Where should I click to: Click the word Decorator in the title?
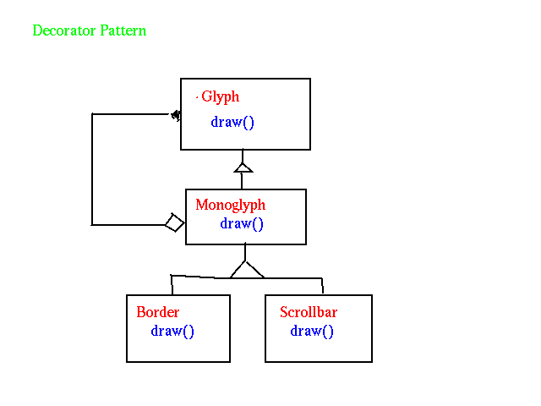pos(64,30)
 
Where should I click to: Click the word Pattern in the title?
pos(123,30)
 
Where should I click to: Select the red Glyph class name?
pos(220,96)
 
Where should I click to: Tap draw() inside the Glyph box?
pos(232,122)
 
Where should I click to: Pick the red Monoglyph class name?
pos(231,205)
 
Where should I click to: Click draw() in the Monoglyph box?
pos(242,223)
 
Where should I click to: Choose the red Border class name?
pos(158,312)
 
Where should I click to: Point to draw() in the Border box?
pos(172,331)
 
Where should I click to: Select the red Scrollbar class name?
pos(309,312)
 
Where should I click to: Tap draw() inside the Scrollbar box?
pos(312,331)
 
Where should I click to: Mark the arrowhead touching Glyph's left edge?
pos(176,115)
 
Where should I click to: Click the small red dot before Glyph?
pos(197,98)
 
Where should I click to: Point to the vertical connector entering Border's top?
pos(172,285)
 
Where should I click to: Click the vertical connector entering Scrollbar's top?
pos(322,286)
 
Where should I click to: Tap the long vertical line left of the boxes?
pos(92,169)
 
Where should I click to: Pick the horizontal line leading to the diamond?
pos(128,225)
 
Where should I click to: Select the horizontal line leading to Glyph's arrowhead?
pos(131,113)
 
